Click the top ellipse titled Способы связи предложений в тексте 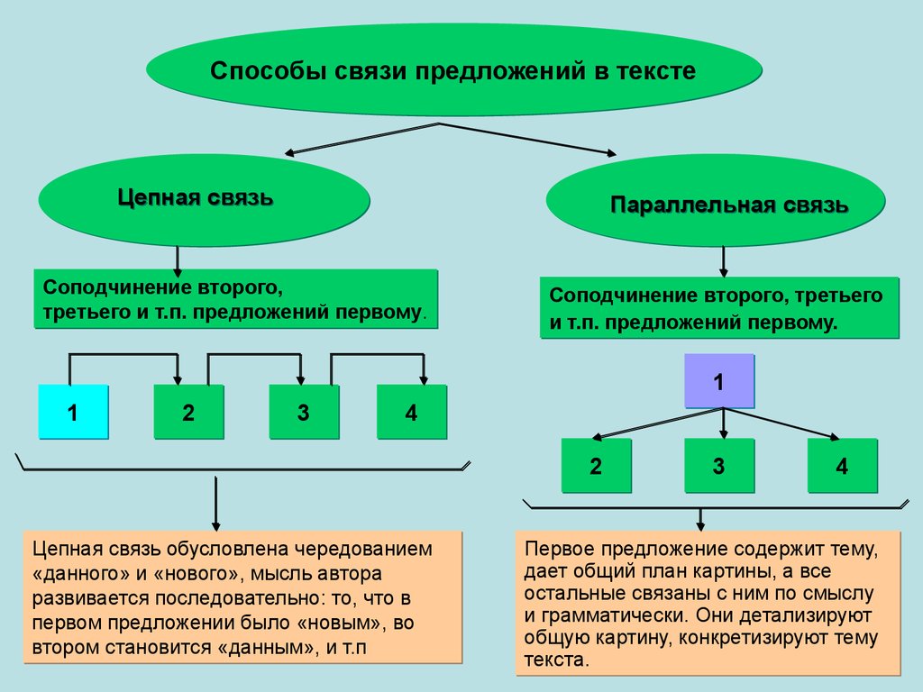coord(453,71)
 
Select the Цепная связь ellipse coord(203,198)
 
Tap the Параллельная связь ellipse coord(717,205)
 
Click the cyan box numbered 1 coord(73,413)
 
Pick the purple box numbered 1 coord(718,381)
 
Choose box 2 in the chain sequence coord(187,413)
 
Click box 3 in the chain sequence coord(304,413)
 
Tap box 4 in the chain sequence coord(411,413)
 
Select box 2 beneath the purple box coord(596,466)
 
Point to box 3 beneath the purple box coord(718,466)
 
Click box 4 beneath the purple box coord(842,466)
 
